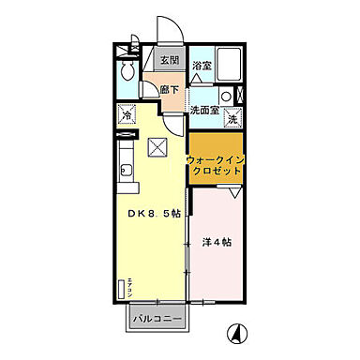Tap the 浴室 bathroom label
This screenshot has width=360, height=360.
(201, 66)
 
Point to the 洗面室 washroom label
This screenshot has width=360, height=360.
(205, 110)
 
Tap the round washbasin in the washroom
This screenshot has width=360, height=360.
(226, 96)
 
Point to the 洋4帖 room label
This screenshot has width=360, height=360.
(217, 243)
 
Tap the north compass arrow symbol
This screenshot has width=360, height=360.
(237, 331)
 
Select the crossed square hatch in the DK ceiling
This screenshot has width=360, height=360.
(157, 147)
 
